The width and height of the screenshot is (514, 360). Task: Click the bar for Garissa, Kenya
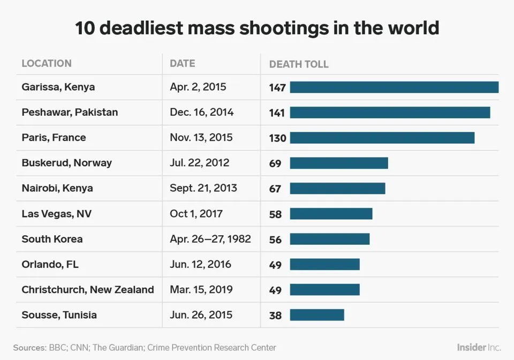[394, 87]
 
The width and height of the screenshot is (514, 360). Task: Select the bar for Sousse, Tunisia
[317, 315]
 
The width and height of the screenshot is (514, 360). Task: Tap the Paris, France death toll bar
[382, 138]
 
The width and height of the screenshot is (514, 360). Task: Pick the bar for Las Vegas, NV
[331, 214]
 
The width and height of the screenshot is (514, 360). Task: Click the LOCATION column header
[47, 63]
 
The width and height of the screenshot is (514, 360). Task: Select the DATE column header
[182, 63]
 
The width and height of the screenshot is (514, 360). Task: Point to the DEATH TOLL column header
[299, 64]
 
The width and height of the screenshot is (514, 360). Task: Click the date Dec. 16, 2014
[201, 112]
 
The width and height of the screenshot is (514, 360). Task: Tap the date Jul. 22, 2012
[199, 163]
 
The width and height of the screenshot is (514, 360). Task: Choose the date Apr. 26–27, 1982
[210, 239]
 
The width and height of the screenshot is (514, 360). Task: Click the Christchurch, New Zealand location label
[88, 290]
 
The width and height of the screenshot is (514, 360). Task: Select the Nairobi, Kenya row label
[57, 188]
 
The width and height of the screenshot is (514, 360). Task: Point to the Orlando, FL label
[50, 264]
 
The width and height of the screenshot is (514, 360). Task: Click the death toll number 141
[277, 113]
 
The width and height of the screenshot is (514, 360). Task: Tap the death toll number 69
[275, 163]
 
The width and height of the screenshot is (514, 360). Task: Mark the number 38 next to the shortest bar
[275, 316]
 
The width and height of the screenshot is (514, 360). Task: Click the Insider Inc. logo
[479, 347]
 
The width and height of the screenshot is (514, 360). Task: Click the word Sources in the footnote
[29, 348]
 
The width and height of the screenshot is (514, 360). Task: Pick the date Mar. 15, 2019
[201, 290]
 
